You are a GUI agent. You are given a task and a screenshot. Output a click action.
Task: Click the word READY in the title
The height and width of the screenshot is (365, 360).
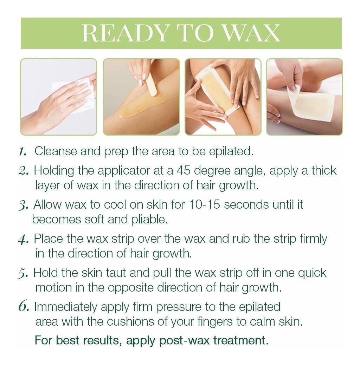click(124, 33)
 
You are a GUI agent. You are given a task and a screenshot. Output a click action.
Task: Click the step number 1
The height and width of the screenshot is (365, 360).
click(22, 151)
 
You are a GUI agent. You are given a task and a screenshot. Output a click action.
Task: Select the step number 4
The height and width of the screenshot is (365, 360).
click(23, 239)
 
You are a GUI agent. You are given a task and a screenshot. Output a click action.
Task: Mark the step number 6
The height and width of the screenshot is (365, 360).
click(24, 307)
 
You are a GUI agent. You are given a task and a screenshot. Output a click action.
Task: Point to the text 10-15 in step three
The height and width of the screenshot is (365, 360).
click(204, 204)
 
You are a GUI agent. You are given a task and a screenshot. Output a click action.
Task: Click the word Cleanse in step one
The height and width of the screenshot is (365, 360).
click(56, 151)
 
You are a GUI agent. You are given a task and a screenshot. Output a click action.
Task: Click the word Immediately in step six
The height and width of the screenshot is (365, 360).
click(66, 307)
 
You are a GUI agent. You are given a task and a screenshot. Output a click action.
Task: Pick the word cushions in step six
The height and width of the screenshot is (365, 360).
click(130, 322)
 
